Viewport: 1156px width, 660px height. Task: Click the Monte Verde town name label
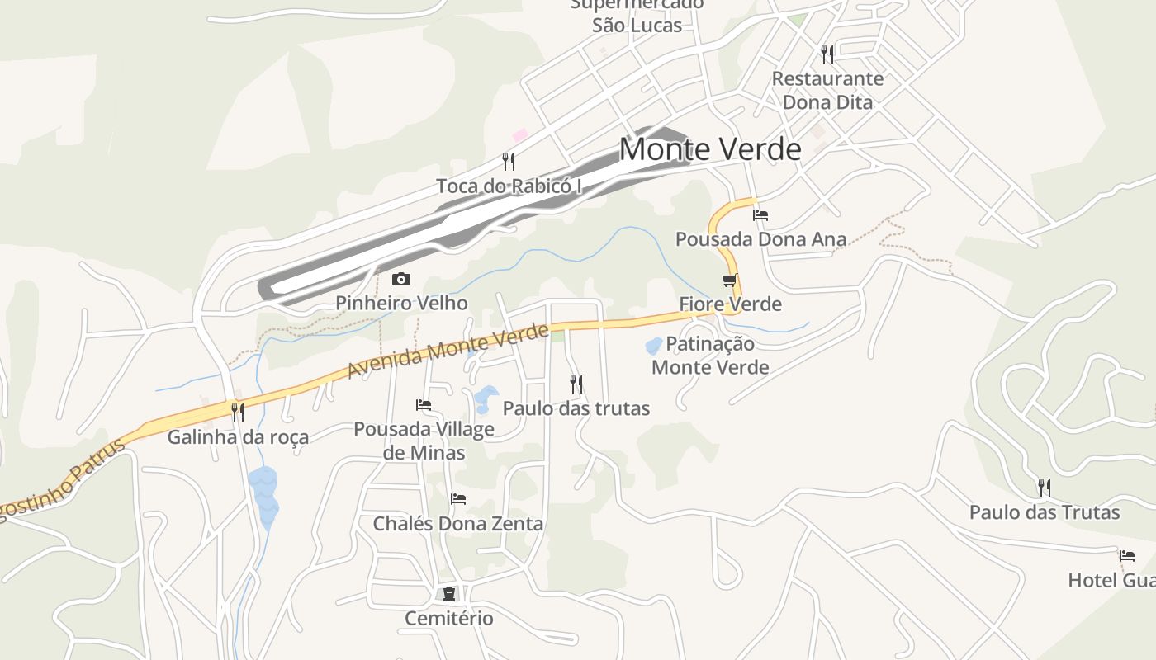[710, 149]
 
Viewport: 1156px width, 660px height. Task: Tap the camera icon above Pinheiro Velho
[401, 280]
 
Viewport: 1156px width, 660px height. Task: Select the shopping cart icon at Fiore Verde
[730, 280]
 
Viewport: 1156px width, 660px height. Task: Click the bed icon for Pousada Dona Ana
[760, 215]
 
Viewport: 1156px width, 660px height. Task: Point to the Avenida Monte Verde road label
[448, 352]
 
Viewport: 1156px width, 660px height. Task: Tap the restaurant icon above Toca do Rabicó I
[509, 162]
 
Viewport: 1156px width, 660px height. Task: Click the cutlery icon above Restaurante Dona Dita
[827, 54]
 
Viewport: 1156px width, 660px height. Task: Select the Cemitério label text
[449, 618]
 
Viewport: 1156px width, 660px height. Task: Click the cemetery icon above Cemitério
[449, 594]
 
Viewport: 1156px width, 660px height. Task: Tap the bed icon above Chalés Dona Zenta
[458, 499]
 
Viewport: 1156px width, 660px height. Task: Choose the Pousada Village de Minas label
[424, 441]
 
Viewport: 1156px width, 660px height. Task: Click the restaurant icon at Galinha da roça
[238, 412]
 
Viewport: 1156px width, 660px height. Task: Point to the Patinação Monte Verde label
[710, 356]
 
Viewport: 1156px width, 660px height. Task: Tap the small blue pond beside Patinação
[653, 346]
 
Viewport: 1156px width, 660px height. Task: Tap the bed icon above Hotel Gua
[1127, 556]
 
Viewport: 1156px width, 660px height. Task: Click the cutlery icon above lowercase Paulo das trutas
[576, 384]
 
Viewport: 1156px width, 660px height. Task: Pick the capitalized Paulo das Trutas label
[1045, 512]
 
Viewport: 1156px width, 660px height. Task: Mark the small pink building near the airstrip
[519, 134]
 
